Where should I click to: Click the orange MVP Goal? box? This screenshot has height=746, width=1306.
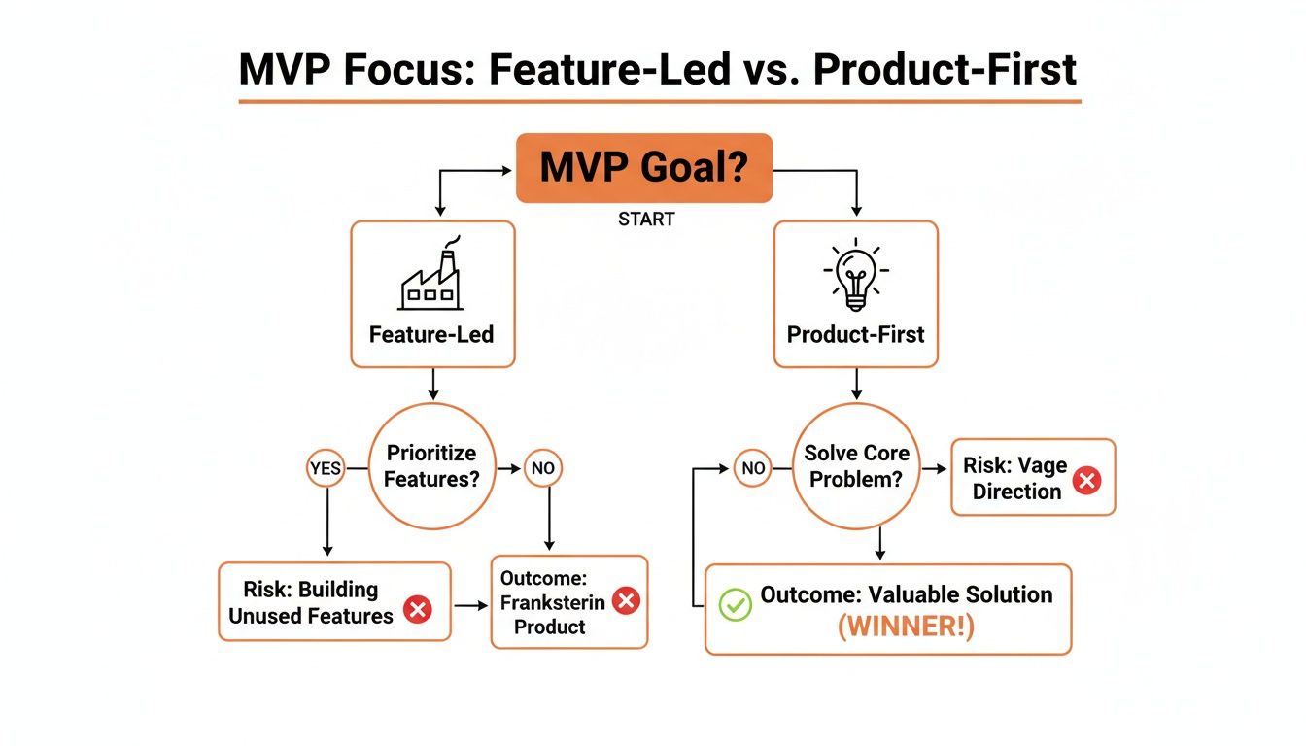pyautogui.click(x=643, y=168)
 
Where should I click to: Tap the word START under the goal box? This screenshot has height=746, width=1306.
pyautogui.click(x=646, y=220)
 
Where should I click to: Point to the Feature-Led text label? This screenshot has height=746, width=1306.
pyautogui.click(x=431, y=335)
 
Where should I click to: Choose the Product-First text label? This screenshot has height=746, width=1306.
pyautogui.click(x=855, y=335)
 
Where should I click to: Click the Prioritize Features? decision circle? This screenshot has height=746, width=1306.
pyautogui.click(x=432, y=465)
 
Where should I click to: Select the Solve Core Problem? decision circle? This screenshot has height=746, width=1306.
pyautogui.click(x=856, y=466)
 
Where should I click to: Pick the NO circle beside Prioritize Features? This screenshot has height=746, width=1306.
pyautogui.click(x=542, y=469)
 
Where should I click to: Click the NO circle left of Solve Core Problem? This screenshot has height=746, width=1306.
pyautogui.click(x=753, y=468)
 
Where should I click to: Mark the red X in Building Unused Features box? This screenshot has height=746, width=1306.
pyautogui.click(x=418, y=610)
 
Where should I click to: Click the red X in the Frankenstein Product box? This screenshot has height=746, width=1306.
pyautogui.click(x=627, y=601)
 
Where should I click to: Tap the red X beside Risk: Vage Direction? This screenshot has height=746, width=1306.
pyautogui.click(x=1086, y=479)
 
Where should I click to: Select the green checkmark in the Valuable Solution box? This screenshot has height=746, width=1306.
pyautogui.click(x=735, y=606)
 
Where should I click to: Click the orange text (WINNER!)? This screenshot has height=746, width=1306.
pyautogui.click(x=906, y=627)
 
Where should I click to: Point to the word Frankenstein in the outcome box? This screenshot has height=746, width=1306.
pyautogui.click(x=552, y=602)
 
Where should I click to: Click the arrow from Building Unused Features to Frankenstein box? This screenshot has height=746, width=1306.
pyautogui.click(x=470, y=605)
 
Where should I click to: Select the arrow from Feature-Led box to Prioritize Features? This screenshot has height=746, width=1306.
pyautogui.click(x=432, y=386)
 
